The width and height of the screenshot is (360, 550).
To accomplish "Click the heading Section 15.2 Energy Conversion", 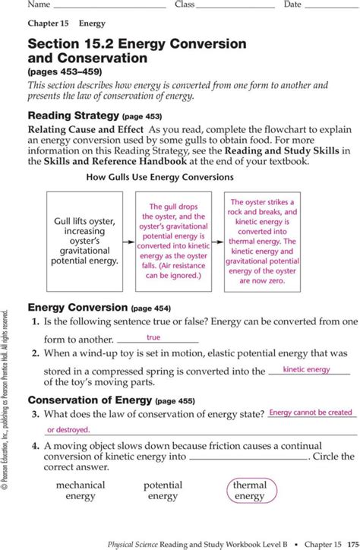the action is (137, 44).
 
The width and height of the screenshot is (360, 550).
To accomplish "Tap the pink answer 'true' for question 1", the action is (153, 337).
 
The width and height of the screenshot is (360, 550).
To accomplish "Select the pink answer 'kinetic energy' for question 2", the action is (306, 370).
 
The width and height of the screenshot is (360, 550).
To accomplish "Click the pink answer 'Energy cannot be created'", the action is (311, 412).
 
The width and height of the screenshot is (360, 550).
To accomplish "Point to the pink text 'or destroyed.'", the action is (68, 429).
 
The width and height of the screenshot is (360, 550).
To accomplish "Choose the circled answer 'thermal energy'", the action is (250, 491).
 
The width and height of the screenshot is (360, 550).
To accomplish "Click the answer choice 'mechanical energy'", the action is (81, 491).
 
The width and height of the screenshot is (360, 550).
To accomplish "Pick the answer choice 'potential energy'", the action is (163, 491).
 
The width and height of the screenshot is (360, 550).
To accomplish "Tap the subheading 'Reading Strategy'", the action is (73, 116).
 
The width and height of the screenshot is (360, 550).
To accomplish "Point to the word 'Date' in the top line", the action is (293, 5).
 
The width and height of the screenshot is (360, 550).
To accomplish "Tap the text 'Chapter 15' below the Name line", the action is (49, 24).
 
